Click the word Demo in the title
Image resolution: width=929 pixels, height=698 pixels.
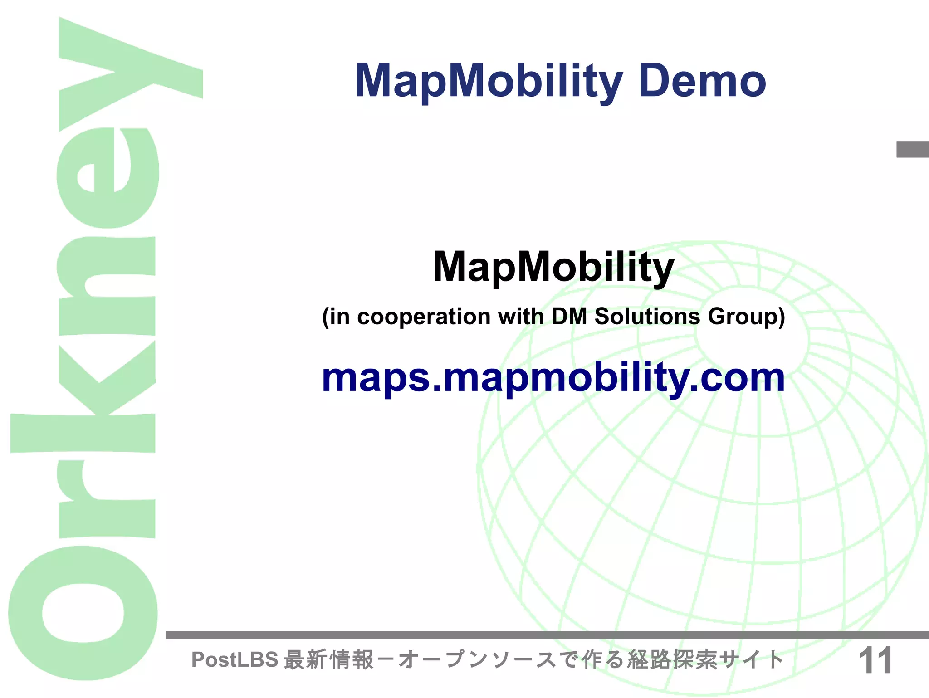702,82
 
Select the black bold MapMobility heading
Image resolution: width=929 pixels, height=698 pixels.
553,268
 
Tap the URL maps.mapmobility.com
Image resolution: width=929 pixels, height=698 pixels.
553,379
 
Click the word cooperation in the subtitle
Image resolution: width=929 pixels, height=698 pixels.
424,317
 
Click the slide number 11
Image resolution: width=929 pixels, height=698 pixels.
875,661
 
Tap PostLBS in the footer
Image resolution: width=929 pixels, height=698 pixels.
235,660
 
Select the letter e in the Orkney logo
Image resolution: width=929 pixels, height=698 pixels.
108,178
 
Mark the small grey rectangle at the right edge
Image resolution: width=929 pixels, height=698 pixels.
912,150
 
